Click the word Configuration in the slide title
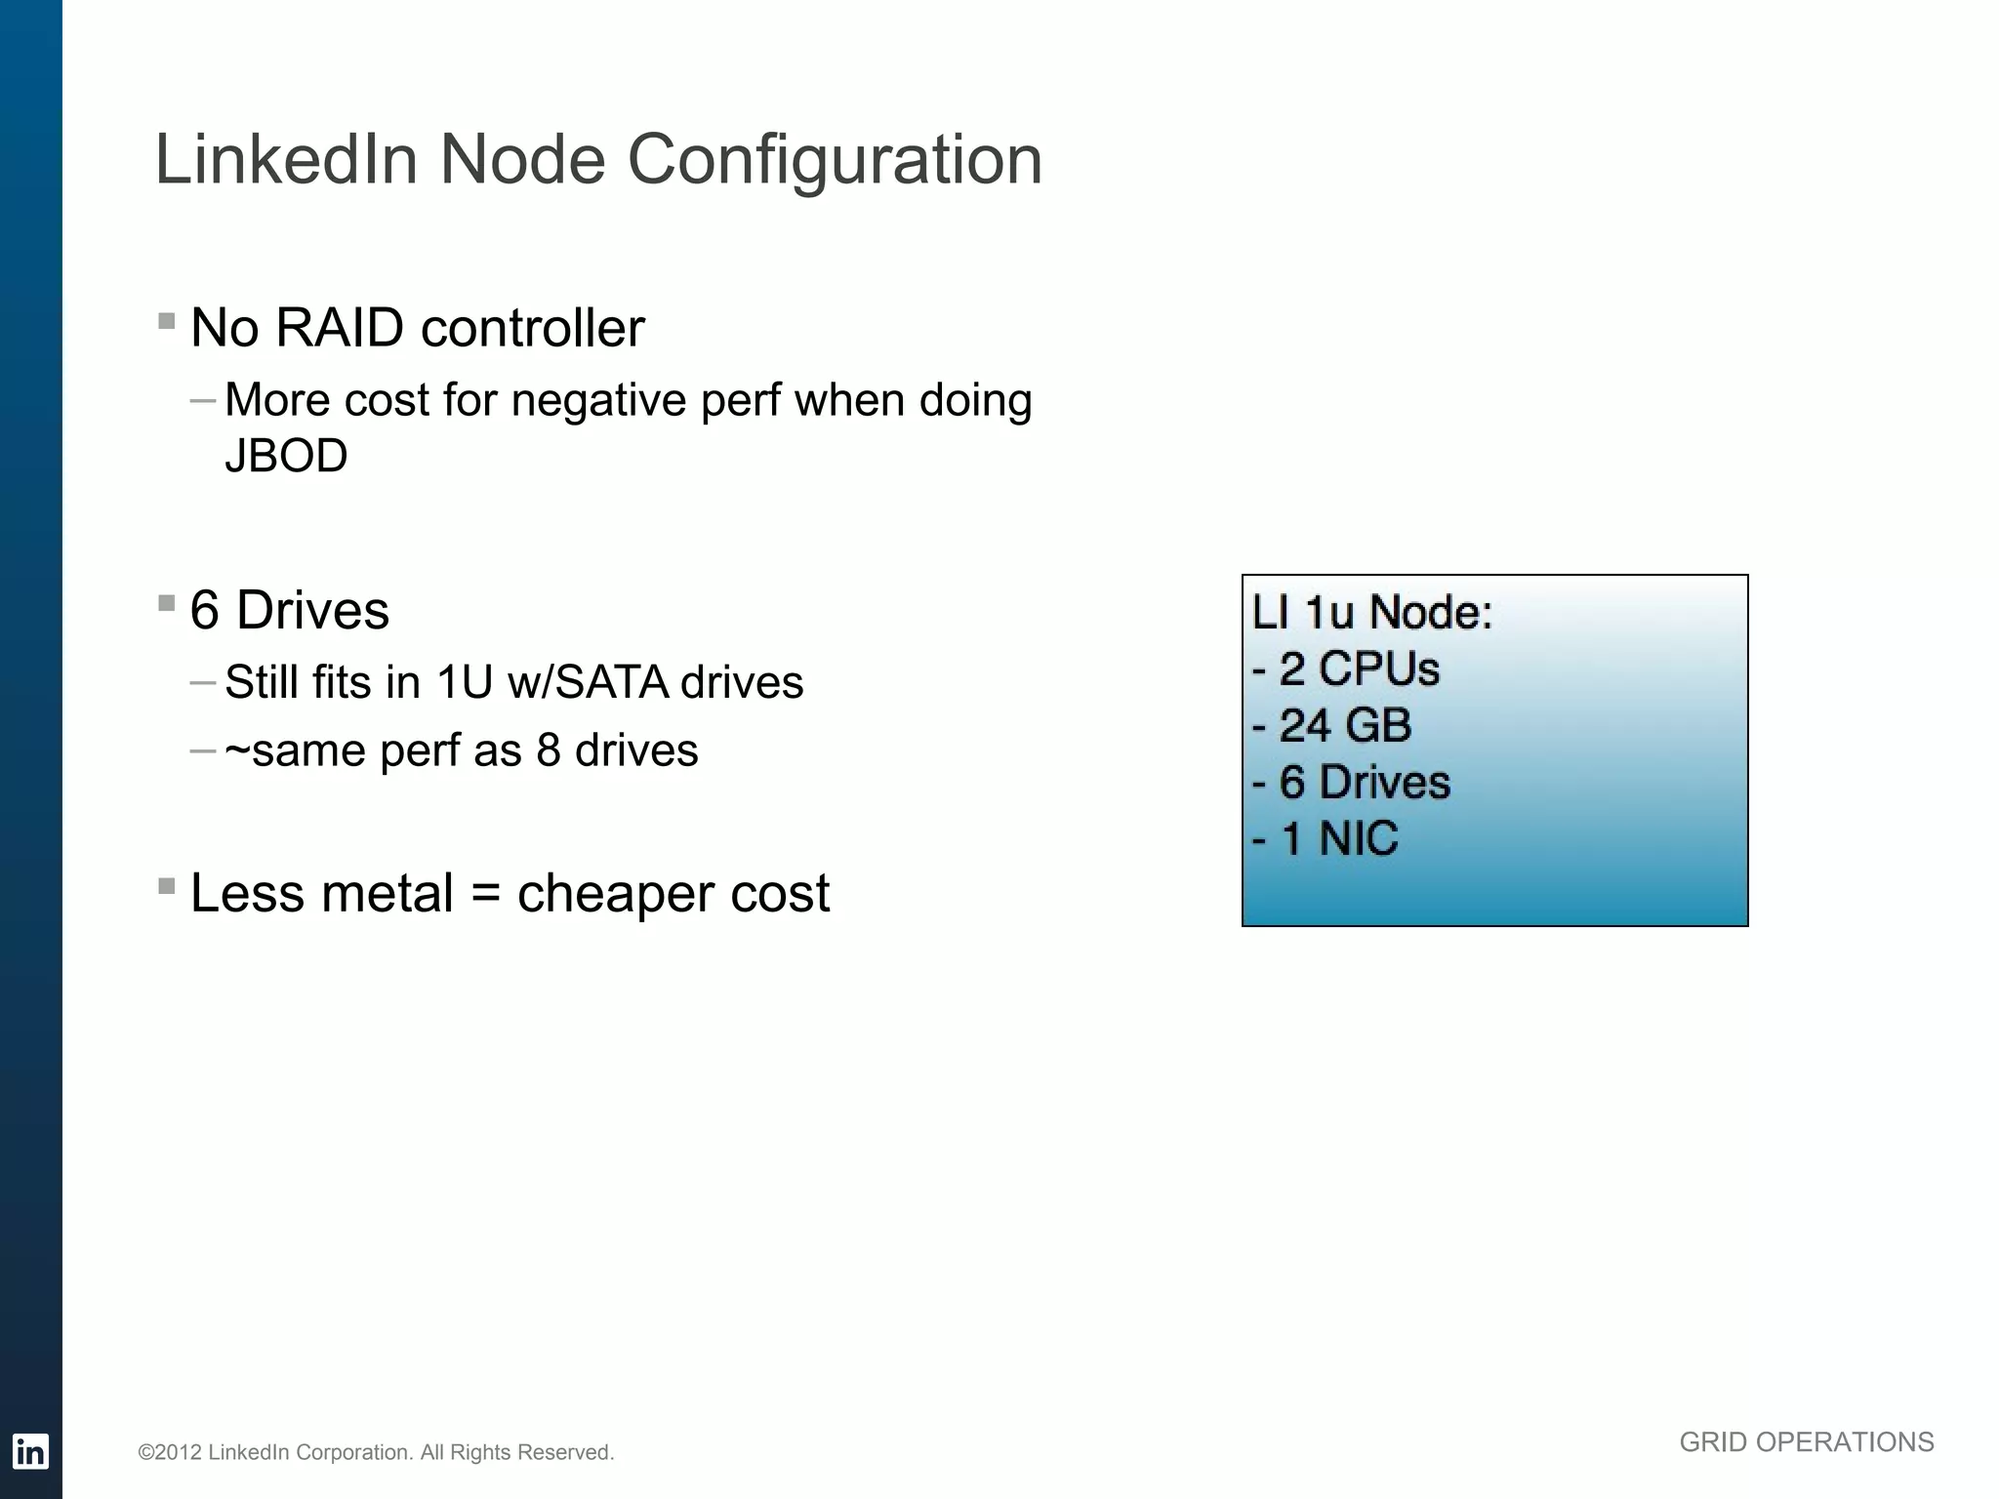[x=835, y=160]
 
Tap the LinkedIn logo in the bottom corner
[x=30, y=1451]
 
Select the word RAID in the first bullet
[x=339, y=327]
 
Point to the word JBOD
[x=286, y=456]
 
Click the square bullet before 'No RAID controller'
[x=166, y=321]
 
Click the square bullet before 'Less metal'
[x=166, y=886]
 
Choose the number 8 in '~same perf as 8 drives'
[x=548, y=750]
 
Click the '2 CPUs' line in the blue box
[x=1347, y=669]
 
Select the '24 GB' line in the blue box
[x=1333, y=725]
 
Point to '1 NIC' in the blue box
[x=1326, y=838]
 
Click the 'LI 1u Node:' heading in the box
[x=1371, y=613]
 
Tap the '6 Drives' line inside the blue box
[x=1352, y=782]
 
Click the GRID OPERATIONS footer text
[x=1806, y=1441]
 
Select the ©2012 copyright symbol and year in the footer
[x=170, y=1452]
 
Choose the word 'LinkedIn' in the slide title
[x=286, y=160]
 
